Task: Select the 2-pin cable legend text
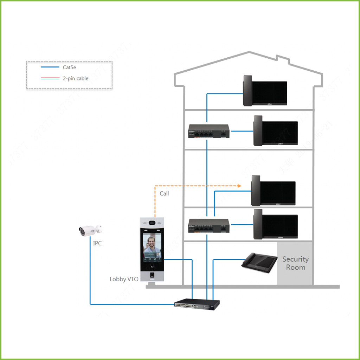[75, 79]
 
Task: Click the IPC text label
[97, 243]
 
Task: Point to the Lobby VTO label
[124, 279]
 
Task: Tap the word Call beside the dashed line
[164, 193]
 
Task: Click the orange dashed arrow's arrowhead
[239, 186]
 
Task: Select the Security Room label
[295, 263]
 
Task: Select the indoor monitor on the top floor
[265, 91]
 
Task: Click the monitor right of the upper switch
[276, 131]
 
